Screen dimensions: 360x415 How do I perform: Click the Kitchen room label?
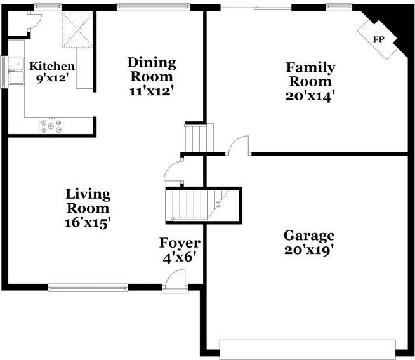(52, 67)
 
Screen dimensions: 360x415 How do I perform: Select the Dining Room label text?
(151, 69)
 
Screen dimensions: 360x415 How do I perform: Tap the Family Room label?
(310, 74)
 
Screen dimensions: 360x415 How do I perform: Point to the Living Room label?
(88, 201)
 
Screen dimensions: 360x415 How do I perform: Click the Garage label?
(309, 236)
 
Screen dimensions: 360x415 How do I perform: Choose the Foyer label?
(180, 243)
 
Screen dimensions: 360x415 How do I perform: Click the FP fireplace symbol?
(378, 39)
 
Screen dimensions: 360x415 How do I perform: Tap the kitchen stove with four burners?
(51, 126)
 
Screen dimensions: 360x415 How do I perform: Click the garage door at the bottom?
(307, 348)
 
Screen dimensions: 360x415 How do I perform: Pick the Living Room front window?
(88, 288)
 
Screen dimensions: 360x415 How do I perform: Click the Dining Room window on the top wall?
(153, 8)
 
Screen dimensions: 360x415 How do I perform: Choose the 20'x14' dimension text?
(310, 95)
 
